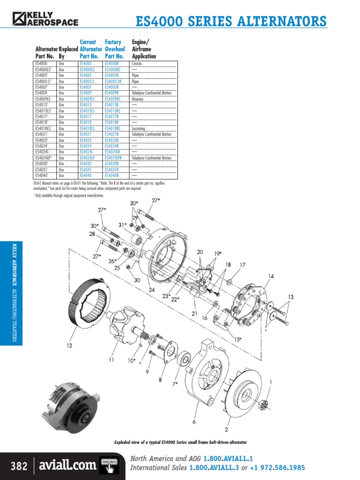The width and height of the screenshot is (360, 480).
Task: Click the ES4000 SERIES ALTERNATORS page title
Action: pyautogui.click(x=230, y=22)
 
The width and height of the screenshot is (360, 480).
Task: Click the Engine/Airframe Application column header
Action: pyautogui.click(x=144, y=49)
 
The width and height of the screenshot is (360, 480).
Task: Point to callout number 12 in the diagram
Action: pyautogui.click(x=69, y=346)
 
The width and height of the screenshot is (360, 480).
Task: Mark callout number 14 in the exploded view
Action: pyautogui.click(x=271, y=276)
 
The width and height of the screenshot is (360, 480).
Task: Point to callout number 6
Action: pyautogui.click(x=194, y=422)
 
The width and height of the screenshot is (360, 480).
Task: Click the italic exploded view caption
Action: pyautogui.click(x=180, y=442)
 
